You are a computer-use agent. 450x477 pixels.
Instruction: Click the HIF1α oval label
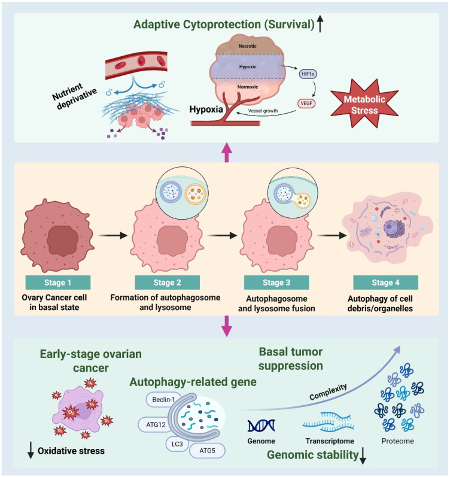pos(308,74)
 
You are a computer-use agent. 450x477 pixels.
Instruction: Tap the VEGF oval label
pos(306,103)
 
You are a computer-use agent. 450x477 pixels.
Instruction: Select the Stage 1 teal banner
pos(58,282)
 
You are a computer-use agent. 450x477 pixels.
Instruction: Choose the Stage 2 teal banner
pos(167,282)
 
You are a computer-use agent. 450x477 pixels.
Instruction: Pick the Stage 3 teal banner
pos(276,282)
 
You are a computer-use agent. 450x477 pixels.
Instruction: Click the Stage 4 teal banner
pos(385,282)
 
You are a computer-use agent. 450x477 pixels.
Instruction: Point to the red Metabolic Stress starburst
pos(364,104)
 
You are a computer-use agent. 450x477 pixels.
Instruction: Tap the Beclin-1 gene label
pos(164,399)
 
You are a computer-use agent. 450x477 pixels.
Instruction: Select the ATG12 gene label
pos(156,424)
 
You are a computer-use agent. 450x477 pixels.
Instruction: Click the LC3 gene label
pos(177,444)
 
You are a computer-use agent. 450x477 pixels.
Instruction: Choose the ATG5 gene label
pos(207,451)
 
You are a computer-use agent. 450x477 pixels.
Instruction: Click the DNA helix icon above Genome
pos(261,426)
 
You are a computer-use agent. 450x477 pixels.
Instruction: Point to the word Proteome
pos(398,441)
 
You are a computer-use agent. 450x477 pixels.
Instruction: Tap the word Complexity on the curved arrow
pos(328,392)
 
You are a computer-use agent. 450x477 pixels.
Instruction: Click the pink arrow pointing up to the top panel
pos(227,152)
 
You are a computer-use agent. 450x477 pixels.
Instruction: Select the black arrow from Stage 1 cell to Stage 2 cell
pos(113,235)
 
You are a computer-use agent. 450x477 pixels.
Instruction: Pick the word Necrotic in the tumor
pos(247,46)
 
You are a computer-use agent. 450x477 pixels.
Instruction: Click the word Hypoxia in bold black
pos(206,109)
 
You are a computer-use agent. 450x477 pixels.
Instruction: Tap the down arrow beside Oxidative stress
pos(31,450)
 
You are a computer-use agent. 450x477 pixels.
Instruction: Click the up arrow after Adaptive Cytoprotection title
pos(320,25)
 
